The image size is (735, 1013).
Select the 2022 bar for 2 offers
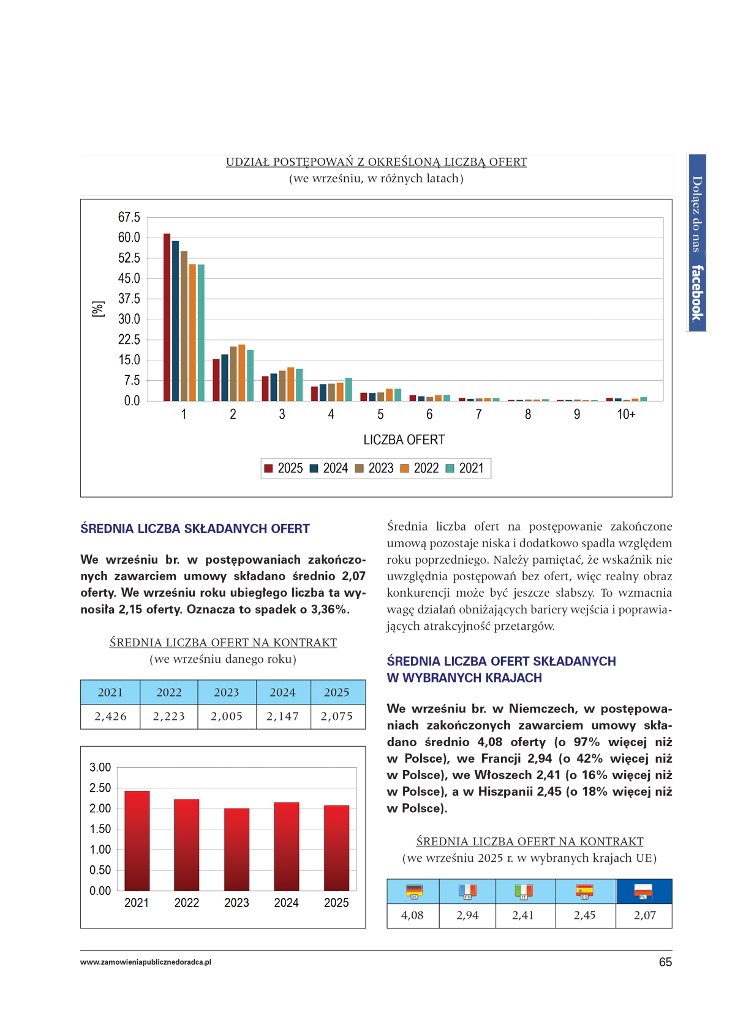[x=242, y=373]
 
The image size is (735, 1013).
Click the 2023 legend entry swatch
[x=360, y=469]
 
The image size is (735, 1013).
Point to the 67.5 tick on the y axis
[x=129, y=217]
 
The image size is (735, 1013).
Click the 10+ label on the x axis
[x=626, y=414]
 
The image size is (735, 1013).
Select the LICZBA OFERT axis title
[x=404, y=439]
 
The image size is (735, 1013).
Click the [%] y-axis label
[x=97, y=309]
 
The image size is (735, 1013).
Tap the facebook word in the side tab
[x=697, y=293]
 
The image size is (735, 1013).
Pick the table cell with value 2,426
[x=110, y=716]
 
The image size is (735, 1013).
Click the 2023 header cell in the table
[x=227, y=692]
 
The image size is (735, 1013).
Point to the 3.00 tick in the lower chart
[x=100, y=768]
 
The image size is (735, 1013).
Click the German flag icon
[x=414, y=891]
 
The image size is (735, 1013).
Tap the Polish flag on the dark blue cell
[x=643, y=891]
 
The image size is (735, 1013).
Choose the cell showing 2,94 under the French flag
[x=467, y=916]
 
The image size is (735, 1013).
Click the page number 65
[x=665, y=962]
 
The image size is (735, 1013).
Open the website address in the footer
[x=146, y=962]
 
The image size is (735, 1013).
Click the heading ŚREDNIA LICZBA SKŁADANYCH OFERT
[x=195, y=529]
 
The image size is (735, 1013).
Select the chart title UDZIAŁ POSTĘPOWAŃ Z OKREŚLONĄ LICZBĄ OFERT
[x=376, y=162]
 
